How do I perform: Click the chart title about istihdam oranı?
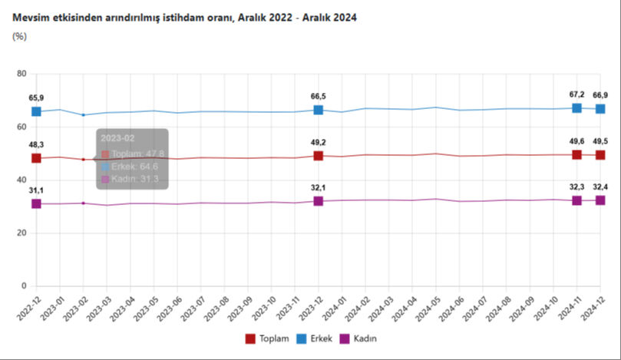(x=185, y=16)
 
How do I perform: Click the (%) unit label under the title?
(x=20, y=35)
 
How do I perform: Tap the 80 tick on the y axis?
(x=21, y=74)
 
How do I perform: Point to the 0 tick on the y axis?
(x=24, y=286)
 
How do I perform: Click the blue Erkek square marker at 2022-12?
(x=36, y=111)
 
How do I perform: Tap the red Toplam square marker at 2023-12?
(x=319, y=156)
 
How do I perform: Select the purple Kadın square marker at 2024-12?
(x=600, y=200)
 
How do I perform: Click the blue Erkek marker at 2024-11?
(x=576, y=108)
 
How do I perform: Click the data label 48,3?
(x=36, y=144)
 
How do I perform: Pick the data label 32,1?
(x=319, y=187)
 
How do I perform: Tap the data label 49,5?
(x=601, y=140)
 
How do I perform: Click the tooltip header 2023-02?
(x=116, y=139)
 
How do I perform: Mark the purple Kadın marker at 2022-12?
(x=36, y=203)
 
